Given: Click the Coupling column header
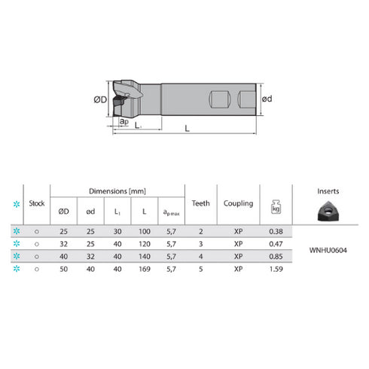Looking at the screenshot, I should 238,203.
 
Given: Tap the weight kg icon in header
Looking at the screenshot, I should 275,204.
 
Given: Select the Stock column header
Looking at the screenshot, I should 36,203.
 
